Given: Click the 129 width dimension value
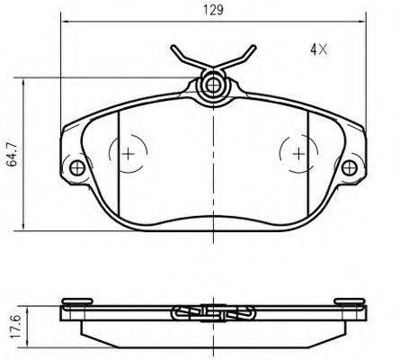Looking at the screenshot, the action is pos(213,10).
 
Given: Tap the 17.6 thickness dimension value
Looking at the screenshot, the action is pos(15,327).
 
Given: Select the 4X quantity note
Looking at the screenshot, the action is pos(319,49).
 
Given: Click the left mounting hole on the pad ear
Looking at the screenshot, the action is pos(77,167).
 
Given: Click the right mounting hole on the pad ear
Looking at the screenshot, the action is pos(350,167).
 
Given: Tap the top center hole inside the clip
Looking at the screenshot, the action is pos(213,85).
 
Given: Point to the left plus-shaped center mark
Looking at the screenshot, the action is pos(129,154).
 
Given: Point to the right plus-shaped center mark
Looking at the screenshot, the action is pos(298,154).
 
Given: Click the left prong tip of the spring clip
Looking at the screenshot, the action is pos(173,47).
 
